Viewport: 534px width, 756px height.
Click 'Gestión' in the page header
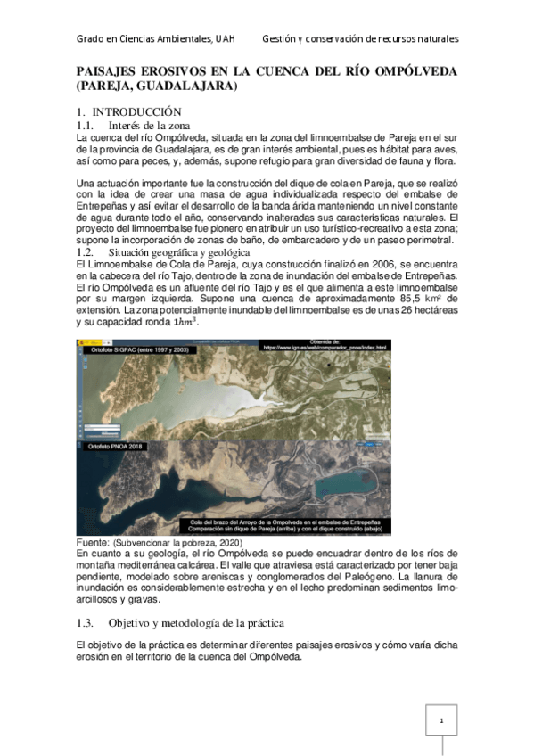click(x=283, y=39)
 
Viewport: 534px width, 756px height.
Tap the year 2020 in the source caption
click(x=225, y=542)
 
